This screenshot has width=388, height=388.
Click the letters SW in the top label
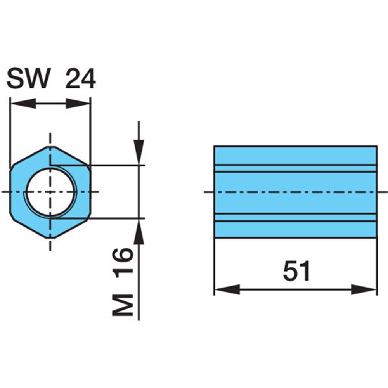[x=28, y=78]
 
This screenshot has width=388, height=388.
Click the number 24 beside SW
[x=80, y=78]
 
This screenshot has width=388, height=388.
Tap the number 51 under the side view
[x=296, y=270]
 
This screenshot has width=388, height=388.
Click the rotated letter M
[x=123, y=305]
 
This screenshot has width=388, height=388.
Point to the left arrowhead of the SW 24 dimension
[x=23, y=103]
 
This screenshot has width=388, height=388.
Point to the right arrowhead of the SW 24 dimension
[x=78, y=103]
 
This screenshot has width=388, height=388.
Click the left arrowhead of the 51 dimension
[x=227, y=289]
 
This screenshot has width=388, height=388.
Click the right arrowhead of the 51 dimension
[x=364, y=289]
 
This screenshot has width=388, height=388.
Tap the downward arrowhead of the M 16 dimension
[x=139, y=152]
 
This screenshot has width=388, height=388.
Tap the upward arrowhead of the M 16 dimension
[x=139, y=232]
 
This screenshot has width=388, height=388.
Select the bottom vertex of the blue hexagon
[x=50, y=238]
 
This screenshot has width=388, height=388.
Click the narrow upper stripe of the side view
[x=296, y=168]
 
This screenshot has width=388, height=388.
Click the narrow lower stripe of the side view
[x=296, y=217]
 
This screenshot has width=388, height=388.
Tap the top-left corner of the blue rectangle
[x=214, y=146]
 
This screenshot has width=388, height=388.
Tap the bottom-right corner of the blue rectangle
[x=377, y=238]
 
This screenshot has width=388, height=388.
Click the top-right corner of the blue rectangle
[x=377, y=146]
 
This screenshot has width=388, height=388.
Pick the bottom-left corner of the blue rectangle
[x=214, y=238]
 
